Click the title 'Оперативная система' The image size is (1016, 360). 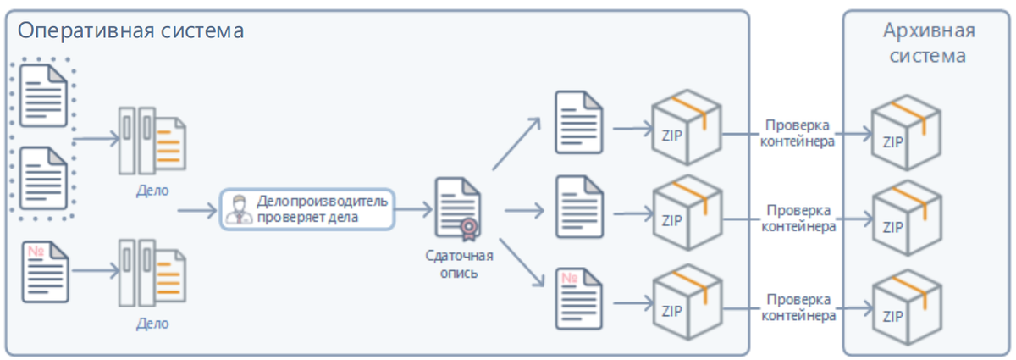[x=130, y=31]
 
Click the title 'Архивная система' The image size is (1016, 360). [x=928, y=43]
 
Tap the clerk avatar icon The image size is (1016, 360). [x=239, y=210]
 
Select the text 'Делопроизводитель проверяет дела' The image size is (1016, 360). [x=322, y=209]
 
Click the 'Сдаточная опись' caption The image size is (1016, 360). [x=459, y=264]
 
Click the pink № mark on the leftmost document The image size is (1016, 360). [x=36, y=251]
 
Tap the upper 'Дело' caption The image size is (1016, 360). [x=152, y=191]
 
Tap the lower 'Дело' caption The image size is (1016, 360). [x=152, y=324]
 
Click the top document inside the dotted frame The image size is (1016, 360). [x=43, y=96]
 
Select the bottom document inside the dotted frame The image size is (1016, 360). [x=43, y=178]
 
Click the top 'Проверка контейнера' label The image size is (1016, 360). [x=798, y=134]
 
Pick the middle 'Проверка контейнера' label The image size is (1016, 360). [x=798, y=219]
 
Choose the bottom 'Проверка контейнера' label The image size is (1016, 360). [x=798, y=307]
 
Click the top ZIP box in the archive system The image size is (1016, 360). [x=906, y=132]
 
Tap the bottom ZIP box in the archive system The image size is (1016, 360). [x=907, y=307]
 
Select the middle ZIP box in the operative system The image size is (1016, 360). [x=687, y=213]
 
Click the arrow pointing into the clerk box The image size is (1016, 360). [x=197, y=211]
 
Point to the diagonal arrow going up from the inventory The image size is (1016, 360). [x=516, y=144]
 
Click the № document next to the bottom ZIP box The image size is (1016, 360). [x=579, y=298]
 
